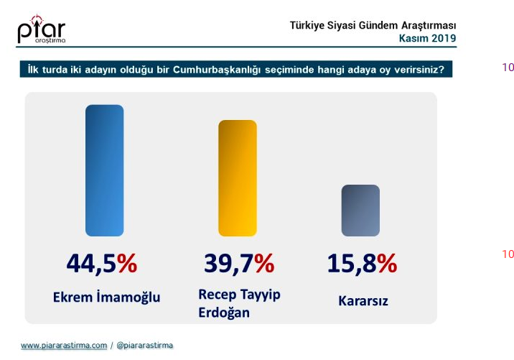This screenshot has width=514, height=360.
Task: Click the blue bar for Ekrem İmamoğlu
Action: pyautogui.click(x=105, y=170)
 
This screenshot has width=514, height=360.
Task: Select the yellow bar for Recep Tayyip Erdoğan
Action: pyautogui.click(x=238, y=178)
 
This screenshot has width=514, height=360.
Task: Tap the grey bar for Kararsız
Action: pyautogui.click(x=360, y=211)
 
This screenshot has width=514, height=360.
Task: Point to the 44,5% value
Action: pyautogui.click(x=102, y=263)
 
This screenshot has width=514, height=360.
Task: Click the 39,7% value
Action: pyautogui.click(x=239, y=263)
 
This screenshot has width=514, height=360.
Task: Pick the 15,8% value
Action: pyautogui.click(x=362, y=263)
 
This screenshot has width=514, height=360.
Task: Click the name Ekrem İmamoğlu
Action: pyautogui.click(x=106, y=297)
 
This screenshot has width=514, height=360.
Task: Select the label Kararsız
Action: pyautogui.click(x=363, y=300)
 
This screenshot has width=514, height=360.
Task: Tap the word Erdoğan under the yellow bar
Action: pyautogui.click(x=224, y=313)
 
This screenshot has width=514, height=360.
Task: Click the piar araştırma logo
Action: pyautogui.click(x=42, y=29)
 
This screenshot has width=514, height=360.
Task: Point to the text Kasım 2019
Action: pyautogui.click(x=427, y=38)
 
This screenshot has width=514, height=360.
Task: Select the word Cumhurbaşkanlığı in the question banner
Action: pyautogui.click(x=217, y=70)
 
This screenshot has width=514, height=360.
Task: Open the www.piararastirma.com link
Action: pyautogui.click(x=64, y=345)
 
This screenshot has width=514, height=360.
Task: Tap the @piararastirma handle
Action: pyautogui.click(x=144, y=345)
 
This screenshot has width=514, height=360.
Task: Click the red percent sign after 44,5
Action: pyautogui.click(x=127, y=263)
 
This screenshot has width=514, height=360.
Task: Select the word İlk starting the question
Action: pyautogui.click(x=33, y=70)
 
